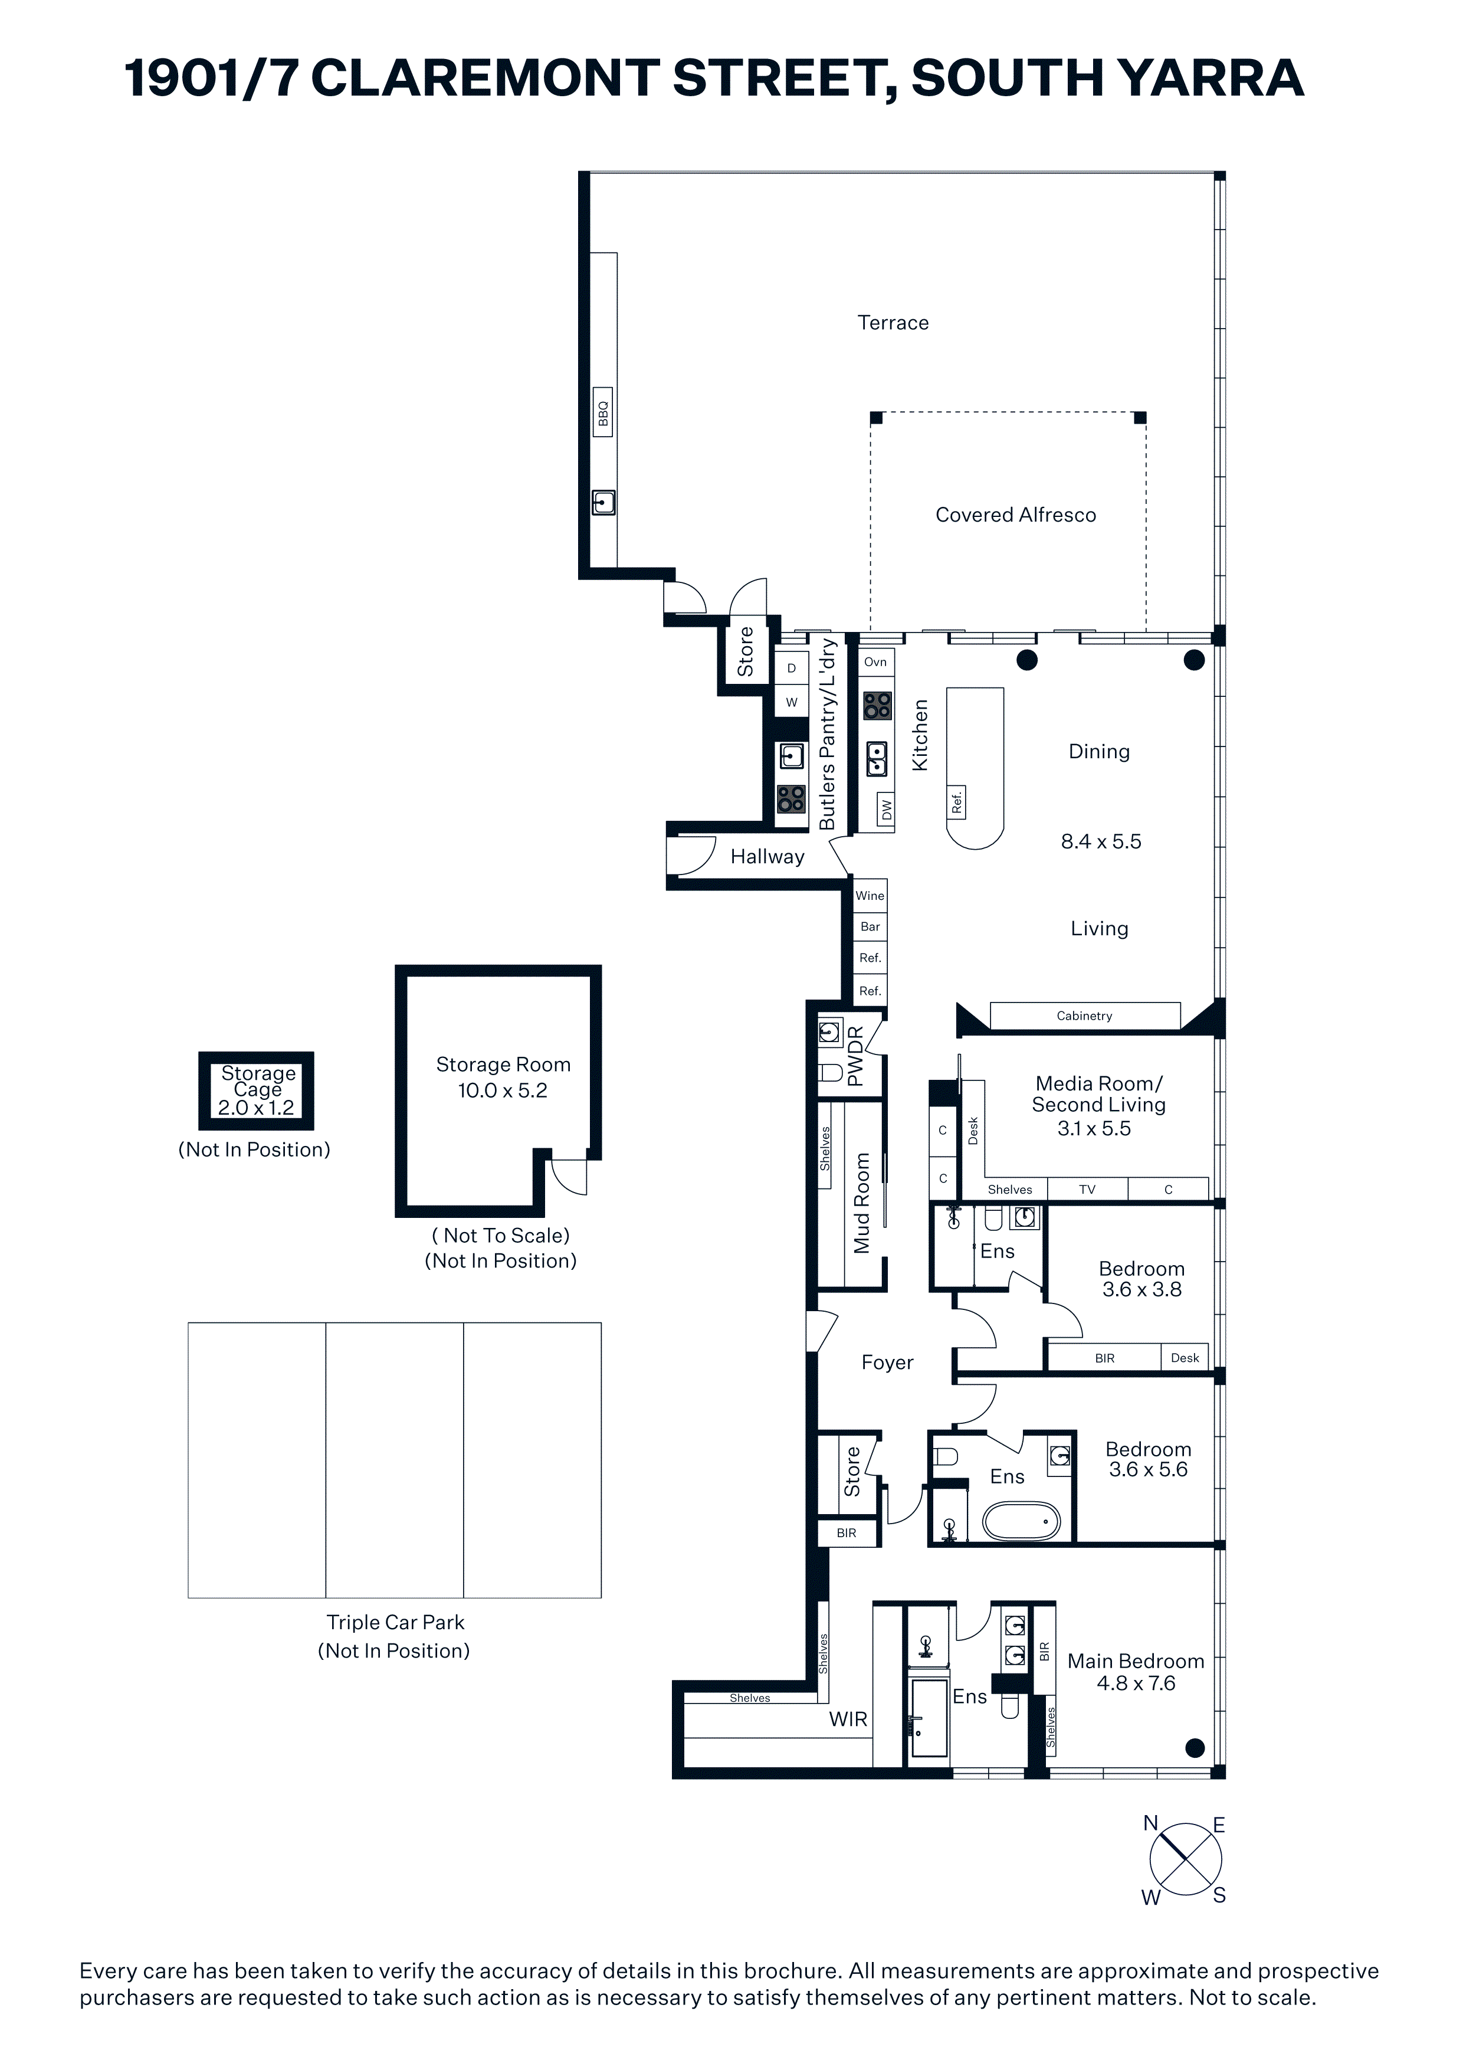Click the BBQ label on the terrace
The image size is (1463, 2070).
603,413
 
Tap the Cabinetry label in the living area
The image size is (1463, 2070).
1084,1016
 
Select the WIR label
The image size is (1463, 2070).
848,1719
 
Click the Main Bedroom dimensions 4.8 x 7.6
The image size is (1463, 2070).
1136,1683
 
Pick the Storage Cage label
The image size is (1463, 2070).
258,1081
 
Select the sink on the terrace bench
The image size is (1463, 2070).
603,502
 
